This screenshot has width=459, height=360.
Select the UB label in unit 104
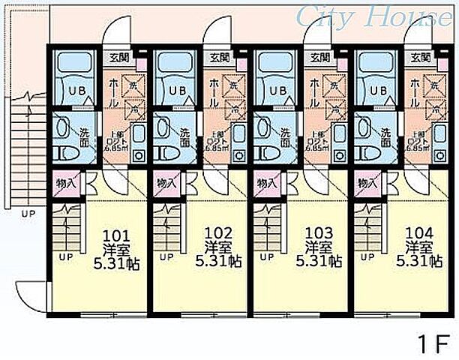point(379,91)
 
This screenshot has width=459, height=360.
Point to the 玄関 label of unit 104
point(419,56)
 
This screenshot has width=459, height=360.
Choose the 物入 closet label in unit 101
point(64,181)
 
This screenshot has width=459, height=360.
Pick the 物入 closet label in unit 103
point(266,181)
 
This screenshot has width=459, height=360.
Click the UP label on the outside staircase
point(28,214)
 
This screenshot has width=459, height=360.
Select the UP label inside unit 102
point(166,258)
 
